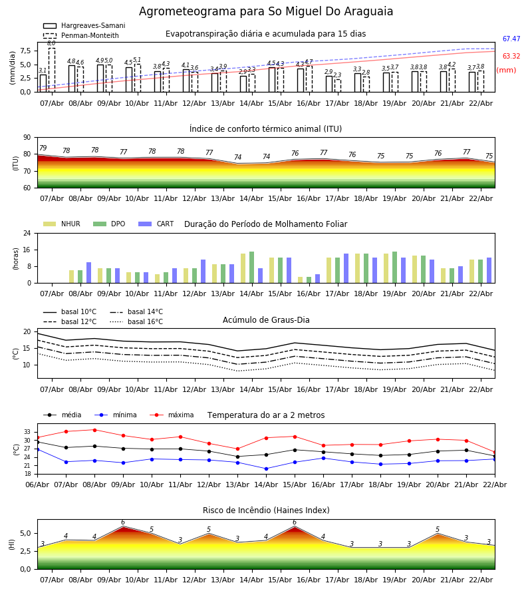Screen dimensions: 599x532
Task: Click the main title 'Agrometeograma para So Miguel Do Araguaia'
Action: pyautogui.click(x=266, y=12)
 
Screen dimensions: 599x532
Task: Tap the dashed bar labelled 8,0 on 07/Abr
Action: pyautogui.click(x=51, y=69)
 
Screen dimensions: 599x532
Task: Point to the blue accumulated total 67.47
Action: pyautogui.click(x=511, y=40)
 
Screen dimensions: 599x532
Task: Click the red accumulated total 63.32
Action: pyautogui.click(x=511, y=57)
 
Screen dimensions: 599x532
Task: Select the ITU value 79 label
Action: pyautogui.click(x=43, y=148)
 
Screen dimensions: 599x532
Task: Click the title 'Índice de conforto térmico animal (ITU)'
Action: pyautogui.click(x=265, y=129)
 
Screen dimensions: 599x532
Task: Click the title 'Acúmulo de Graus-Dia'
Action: pyautogui.click(x=266, y=320)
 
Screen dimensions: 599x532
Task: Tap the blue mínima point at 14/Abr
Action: pyautogui.click(x=266, y=469)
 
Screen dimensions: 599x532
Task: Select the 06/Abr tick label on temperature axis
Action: pyautogui.click(x=37, y=484)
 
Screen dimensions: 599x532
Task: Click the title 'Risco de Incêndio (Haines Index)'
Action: pyautogui.click(x=266, y=510)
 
